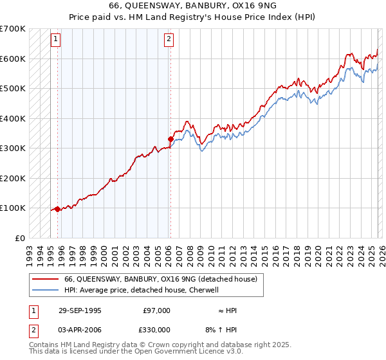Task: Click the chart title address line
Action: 193,6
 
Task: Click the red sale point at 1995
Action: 58,209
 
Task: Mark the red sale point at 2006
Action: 170,139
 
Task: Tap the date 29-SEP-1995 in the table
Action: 80,310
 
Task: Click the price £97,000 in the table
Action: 156,310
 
